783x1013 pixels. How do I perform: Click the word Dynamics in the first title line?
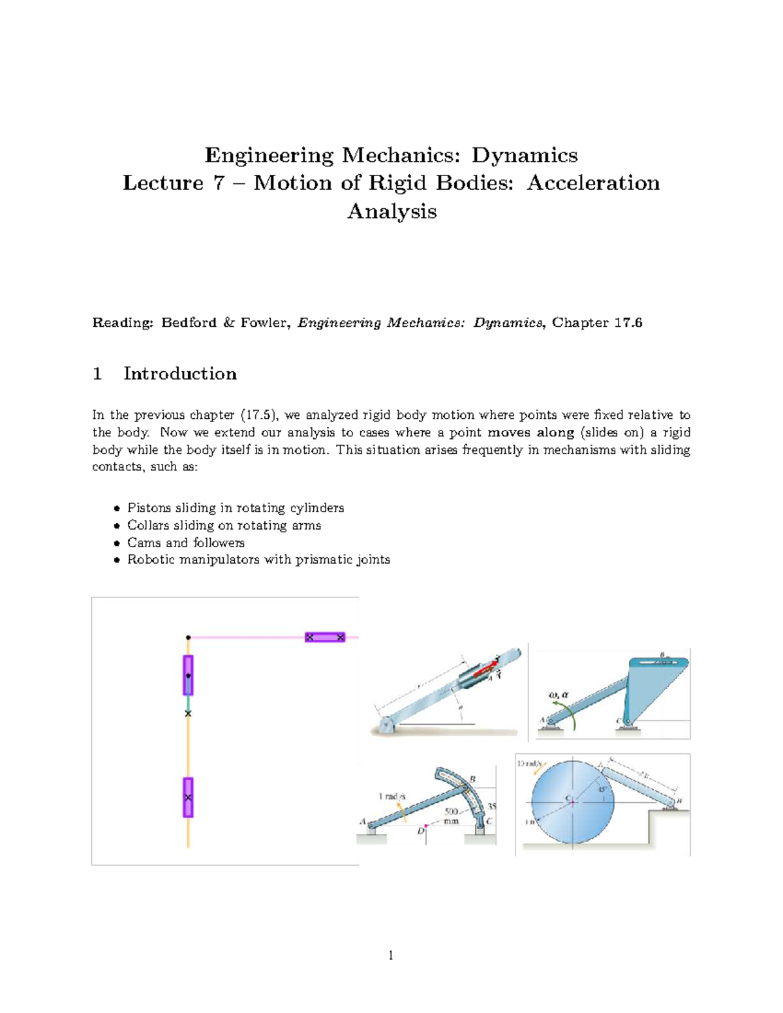(x=525, y=155)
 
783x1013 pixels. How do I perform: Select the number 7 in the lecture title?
(x=218, y=183)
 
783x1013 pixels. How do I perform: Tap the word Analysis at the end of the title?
(x=391, y=211)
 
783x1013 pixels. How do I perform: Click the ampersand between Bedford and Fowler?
(x=228, y=323)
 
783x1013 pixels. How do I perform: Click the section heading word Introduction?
(x=180, y=374)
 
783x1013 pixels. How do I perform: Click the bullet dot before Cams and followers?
(x=117, y=543)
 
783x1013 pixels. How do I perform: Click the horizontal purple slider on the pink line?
(x=325, y=637)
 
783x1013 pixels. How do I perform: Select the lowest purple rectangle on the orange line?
(x=188, y=797)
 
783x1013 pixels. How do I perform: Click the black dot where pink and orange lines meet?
(x=188, y=637)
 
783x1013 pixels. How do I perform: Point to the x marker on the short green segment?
(x=188, y=714)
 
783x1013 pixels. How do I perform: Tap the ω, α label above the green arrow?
(x=559, y=695)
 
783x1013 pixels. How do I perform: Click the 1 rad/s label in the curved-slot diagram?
(x=391, y=796)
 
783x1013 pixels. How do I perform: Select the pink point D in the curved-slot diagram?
(x=425, y=826)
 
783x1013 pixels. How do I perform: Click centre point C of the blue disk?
(x=572, y=802)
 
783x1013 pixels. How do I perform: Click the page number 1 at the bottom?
(x=391, y=956)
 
